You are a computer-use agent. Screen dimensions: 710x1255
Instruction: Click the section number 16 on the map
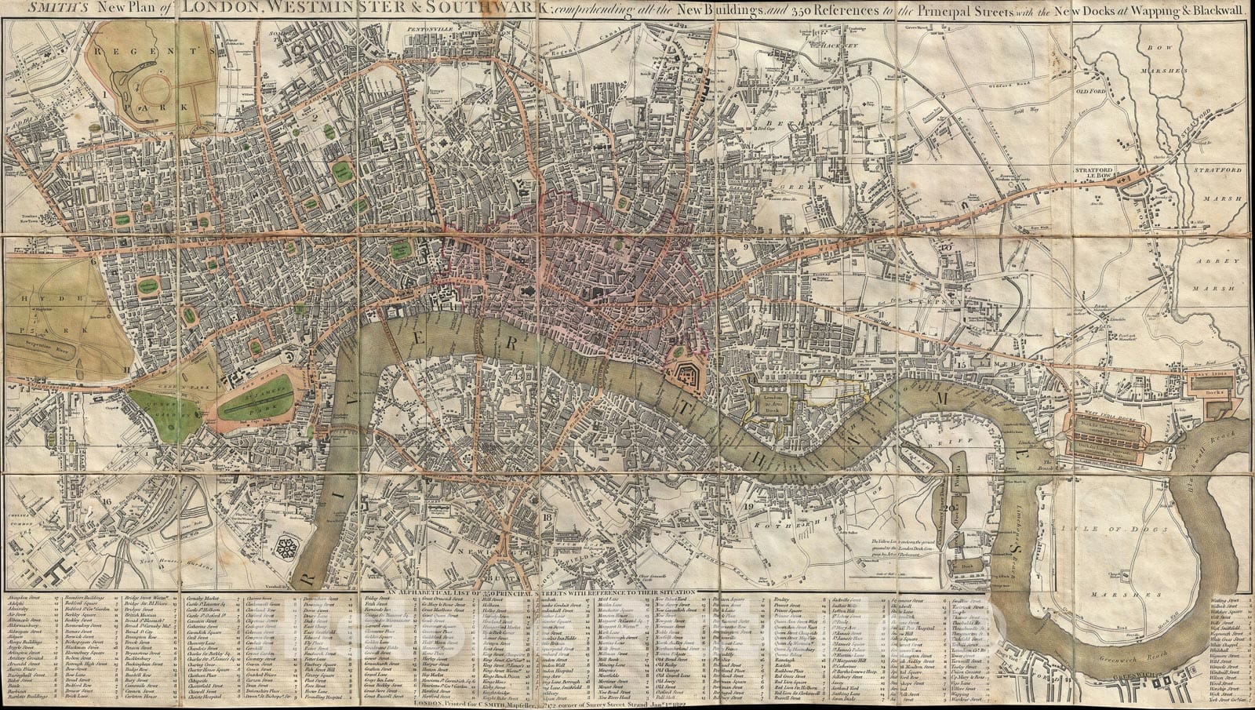(x=108, y=497)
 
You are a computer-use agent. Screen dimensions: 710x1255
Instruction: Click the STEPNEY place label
(x=933, y=300)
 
